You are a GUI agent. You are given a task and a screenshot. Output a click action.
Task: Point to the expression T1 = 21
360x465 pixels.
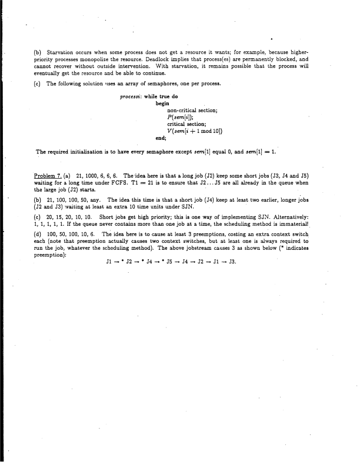pyautogui.click(x=144, y=183)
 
